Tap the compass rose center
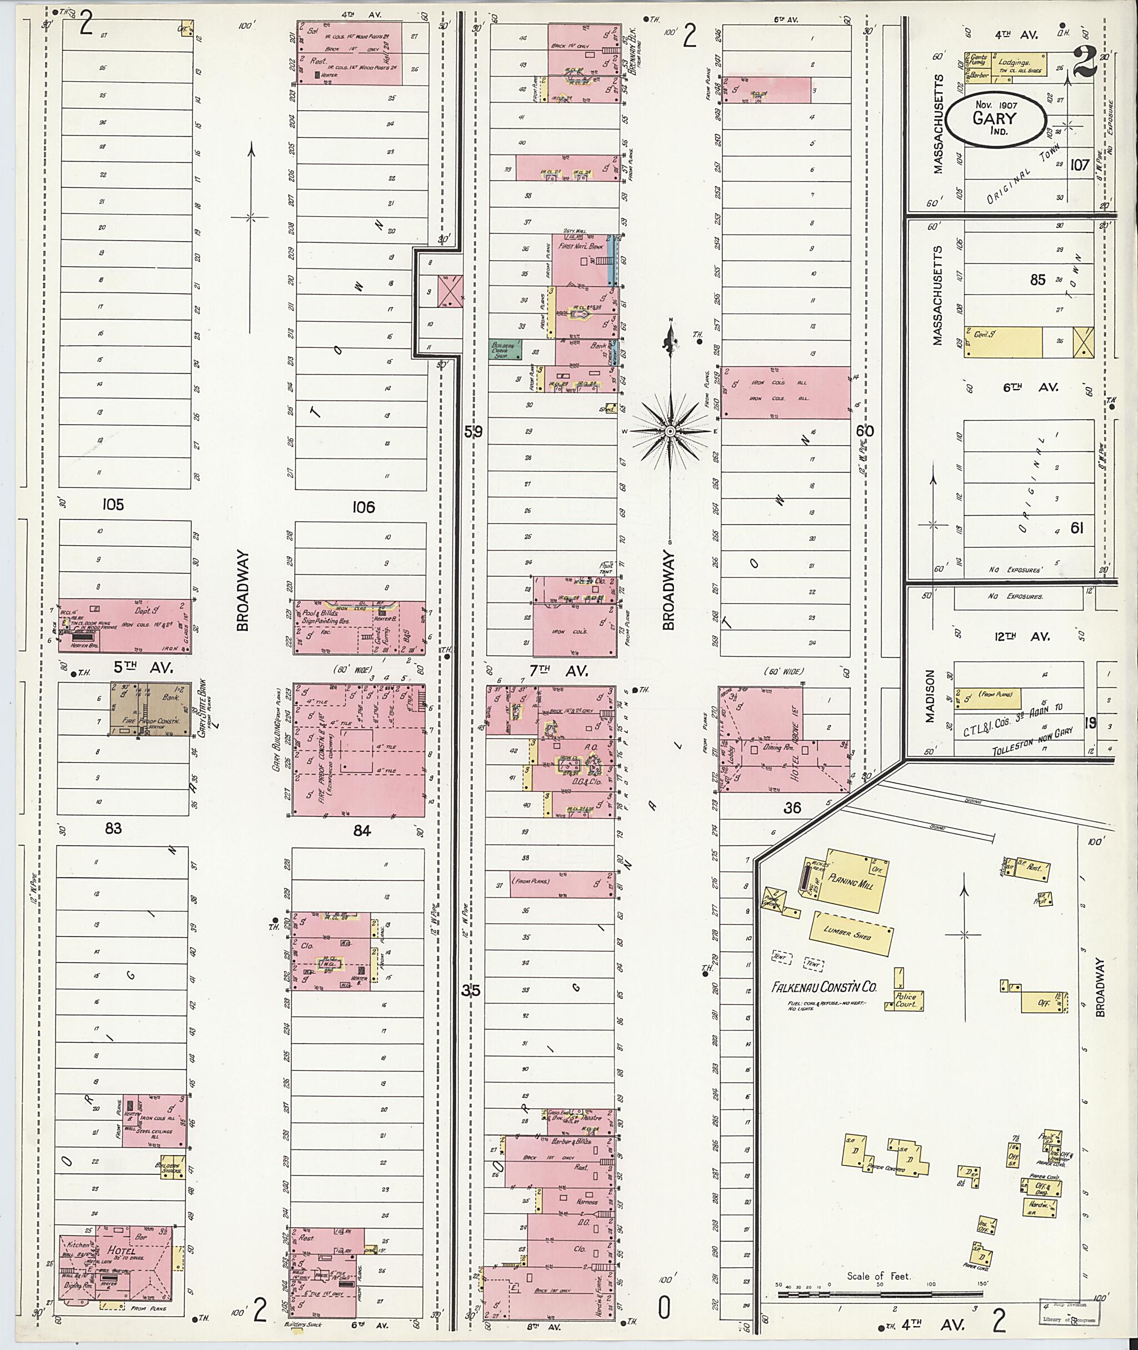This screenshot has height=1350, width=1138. [x=670, y=430]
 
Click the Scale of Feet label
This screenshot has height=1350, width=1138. [x=879, y=1276]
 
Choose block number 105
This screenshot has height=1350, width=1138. [x=113, y=504]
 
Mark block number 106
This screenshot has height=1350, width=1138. [x=363, y=507]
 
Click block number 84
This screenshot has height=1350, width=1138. [x=362, y=830]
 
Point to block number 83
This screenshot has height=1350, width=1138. [x=113, y=828]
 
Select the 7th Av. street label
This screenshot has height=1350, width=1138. [x=558, y=671]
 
